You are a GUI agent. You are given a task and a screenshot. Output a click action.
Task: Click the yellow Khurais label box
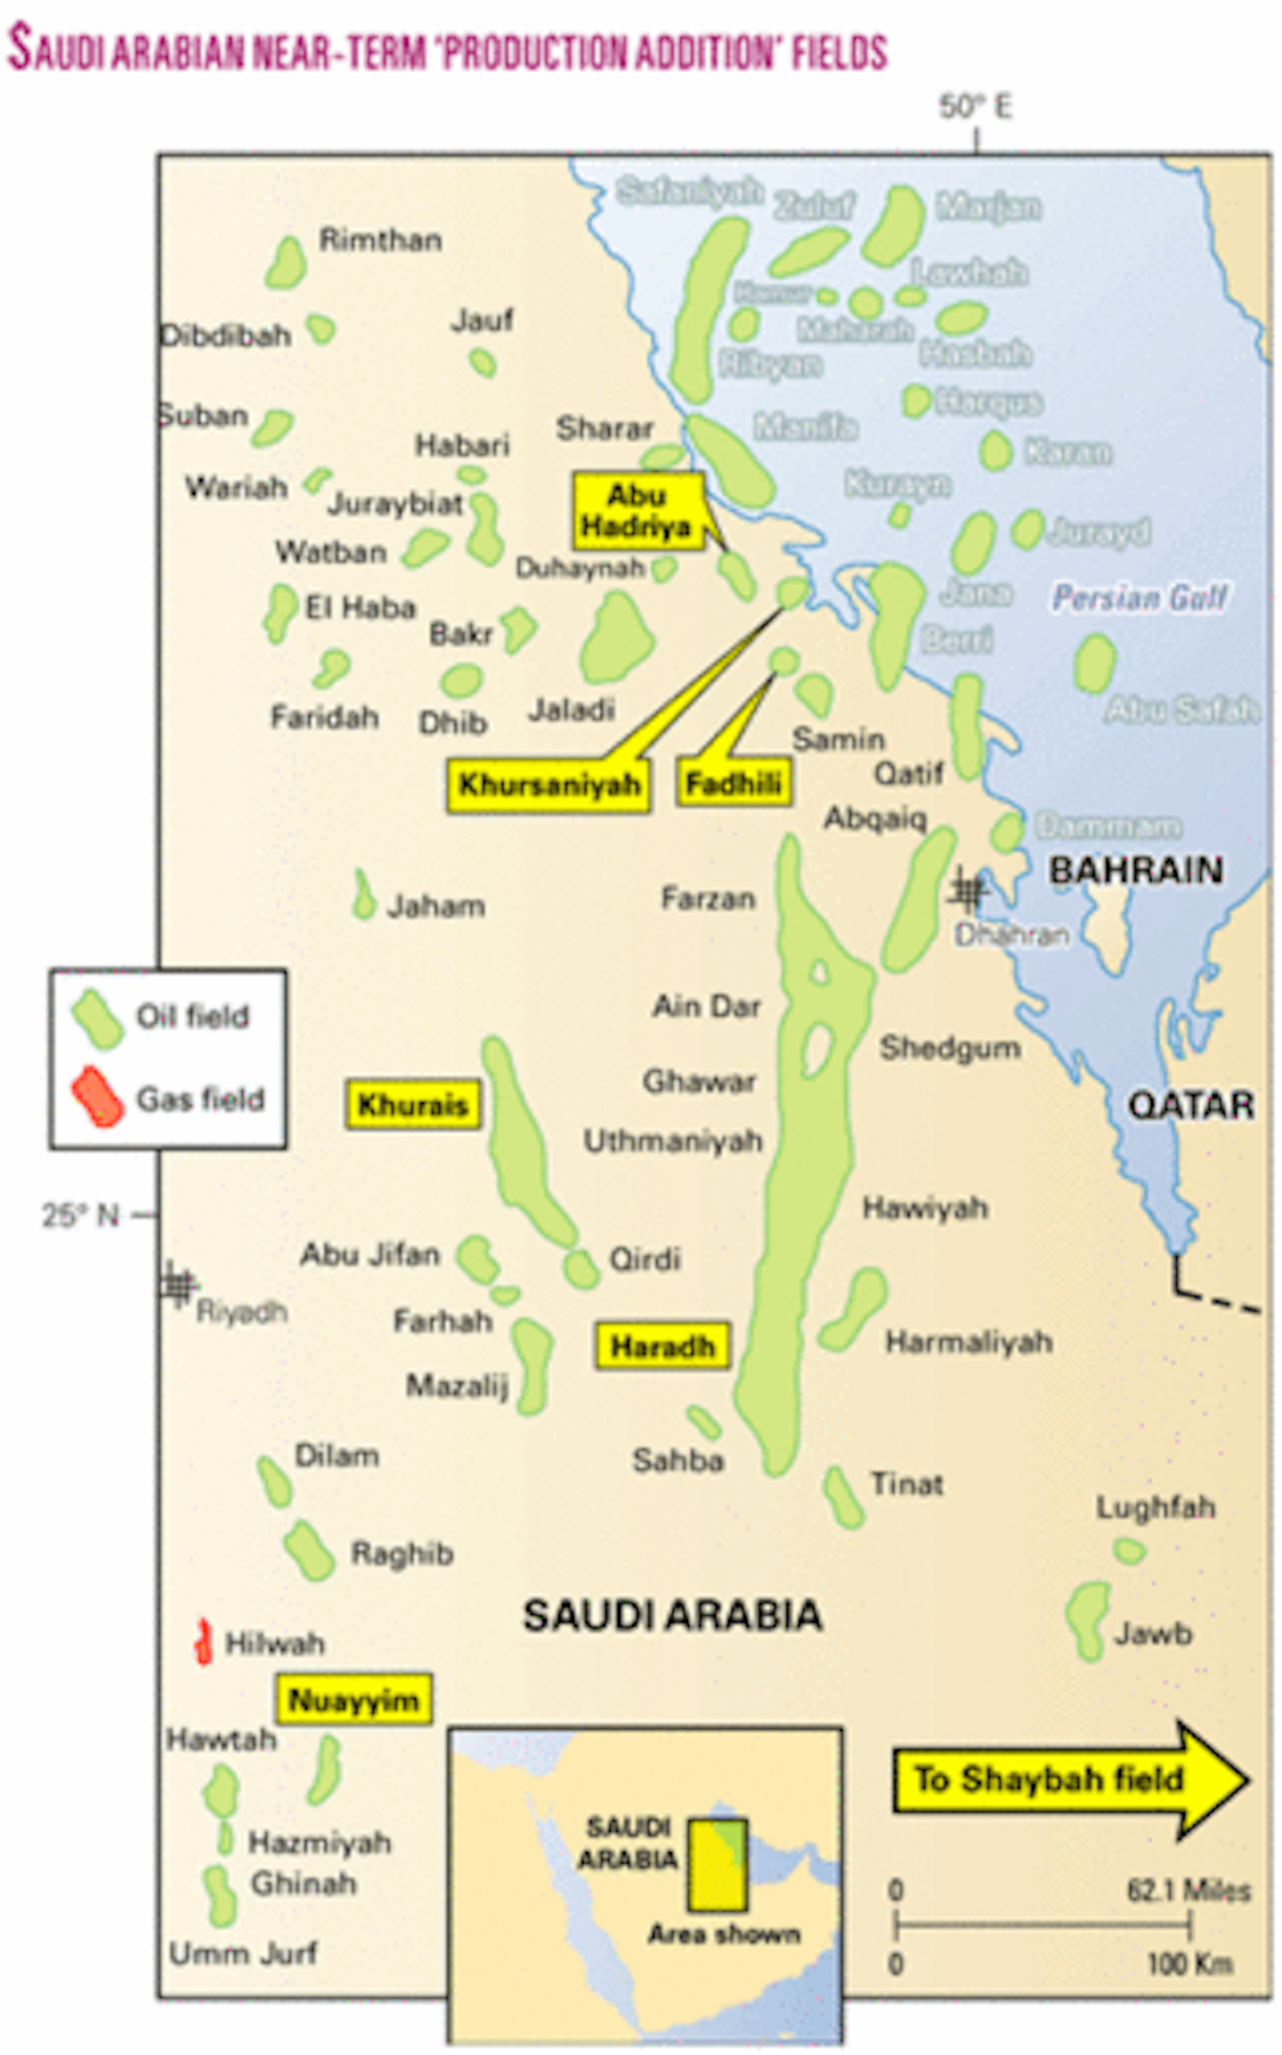412,1105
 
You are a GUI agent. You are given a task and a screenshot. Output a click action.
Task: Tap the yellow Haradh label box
662,1345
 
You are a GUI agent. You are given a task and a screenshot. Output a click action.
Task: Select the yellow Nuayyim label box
353,1700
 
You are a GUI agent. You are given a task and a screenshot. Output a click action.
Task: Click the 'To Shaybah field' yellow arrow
1068,1779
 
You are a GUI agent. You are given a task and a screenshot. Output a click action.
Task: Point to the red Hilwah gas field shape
204,1641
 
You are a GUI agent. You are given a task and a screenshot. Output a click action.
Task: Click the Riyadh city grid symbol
178,1285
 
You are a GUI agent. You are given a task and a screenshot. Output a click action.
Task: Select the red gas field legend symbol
98,1097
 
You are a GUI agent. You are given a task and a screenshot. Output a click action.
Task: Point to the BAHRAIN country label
1135,870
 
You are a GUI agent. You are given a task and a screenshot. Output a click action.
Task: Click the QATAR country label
1190,1106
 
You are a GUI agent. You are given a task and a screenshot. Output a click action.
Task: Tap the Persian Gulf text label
1140,597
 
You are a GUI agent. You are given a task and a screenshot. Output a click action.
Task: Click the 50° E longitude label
975,107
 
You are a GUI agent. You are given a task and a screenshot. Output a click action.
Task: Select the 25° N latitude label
80,1214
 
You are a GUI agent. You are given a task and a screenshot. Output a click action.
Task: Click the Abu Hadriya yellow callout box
637,510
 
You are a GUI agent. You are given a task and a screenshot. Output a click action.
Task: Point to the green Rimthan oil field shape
286,264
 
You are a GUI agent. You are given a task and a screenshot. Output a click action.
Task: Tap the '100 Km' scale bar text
1189,1963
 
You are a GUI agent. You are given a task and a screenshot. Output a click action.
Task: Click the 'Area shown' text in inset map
724,1933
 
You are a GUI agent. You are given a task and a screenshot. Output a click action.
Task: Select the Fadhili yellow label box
734,784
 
